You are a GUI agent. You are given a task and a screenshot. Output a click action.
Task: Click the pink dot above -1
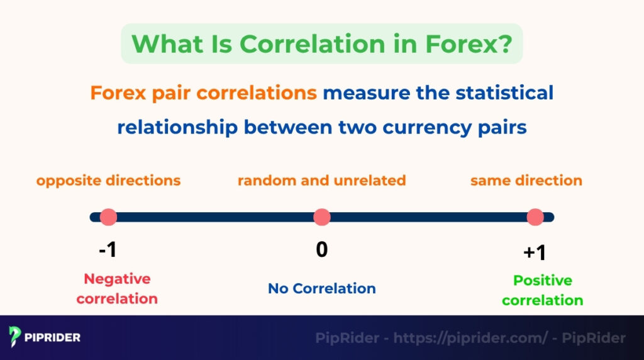pos(108,217)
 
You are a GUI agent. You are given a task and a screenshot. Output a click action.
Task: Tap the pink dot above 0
pos(322,217)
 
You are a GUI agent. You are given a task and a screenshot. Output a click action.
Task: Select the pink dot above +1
pos(535,217)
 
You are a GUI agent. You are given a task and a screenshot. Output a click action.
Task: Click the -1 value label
pos(108,250)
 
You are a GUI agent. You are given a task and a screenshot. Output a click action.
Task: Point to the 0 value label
pos(322,250)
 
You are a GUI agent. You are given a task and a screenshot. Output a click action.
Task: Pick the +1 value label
pos(535,253)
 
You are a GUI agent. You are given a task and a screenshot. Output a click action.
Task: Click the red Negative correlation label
pos(117,288)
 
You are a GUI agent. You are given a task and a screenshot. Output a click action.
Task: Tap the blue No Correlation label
pos(322,288)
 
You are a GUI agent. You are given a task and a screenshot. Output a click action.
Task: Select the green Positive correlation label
pos(542,290)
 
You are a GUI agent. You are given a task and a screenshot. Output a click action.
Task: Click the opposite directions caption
pos(108,181)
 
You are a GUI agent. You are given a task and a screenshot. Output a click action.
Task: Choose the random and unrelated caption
pos(321,181)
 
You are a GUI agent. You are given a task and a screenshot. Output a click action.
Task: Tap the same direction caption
pos(526,181)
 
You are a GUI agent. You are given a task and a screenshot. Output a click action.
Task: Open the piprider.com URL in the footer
pos(471,338)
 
